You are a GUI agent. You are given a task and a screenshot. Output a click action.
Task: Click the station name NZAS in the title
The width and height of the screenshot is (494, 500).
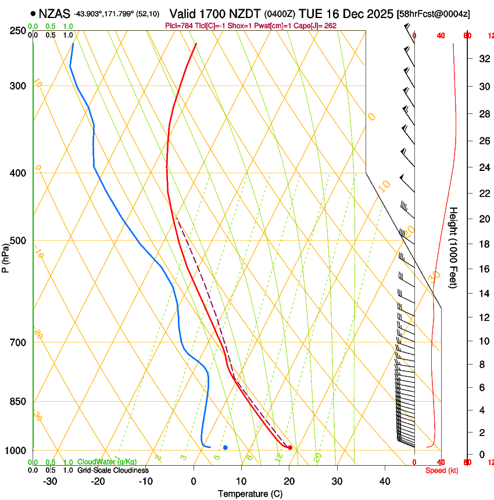[x=55, y=13]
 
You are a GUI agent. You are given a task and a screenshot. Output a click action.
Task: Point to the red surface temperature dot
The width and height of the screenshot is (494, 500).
[x=290, y=448]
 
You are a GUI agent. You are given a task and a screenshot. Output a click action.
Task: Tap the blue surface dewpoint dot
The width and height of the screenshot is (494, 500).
[x=225, y=447]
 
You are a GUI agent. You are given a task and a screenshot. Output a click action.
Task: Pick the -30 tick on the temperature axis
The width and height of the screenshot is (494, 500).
[x=50, y=481]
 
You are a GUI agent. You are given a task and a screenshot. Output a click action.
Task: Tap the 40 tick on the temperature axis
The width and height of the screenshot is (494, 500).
[x=385, y=481]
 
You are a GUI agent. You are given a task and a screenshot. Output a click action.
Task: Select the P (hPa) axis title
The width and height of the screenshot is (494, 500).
[x=6, y=256]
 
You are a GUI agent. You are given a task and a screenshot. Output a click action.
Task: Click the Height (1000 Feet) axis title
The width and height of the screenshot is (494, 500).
[x=454, y=248]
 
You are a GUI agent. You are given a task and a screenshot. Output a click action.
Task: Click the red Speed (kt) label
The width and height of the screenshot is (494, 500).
[x=441, y=470]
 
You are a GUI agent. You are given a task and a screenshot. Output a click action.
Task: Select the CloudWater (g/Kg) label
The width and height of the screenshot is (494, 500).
[x=106, y=462]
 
